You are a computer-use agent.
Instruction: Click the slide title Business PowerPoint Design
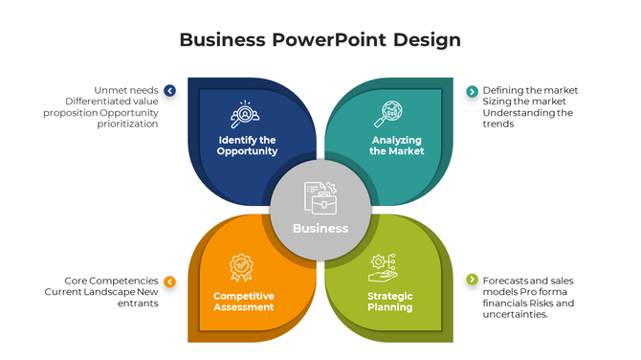320,39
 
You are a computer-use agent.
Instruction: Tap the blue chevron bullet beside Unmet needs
169,91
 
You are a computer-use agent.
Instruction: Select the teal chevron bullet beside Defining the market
472,91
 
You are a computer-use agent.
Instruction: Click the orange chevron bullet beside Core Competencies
169,281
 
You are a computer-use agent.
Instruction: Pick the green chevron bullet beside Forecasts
472,280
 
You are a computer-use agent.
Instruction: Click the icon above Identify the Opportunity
245,115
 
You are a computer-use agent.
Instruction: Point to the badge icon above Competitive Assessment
242,265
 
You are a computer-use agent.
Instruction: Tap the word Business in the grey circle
320,228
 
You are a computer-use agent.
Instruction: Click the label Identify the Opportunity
247,146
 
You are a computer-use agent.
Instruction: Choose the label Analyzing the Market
397,146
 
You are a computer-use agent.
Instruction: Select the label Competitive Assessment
244,302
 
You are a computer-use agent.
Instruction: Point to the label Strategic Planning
390,302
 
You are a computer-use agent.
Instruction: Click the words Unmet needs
126,90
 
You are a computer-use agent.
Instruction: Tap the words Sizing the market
524,101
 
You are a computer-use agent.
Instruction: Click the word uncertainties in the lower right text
516,314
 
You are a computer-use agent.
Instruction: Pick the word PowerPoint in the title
322,39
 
